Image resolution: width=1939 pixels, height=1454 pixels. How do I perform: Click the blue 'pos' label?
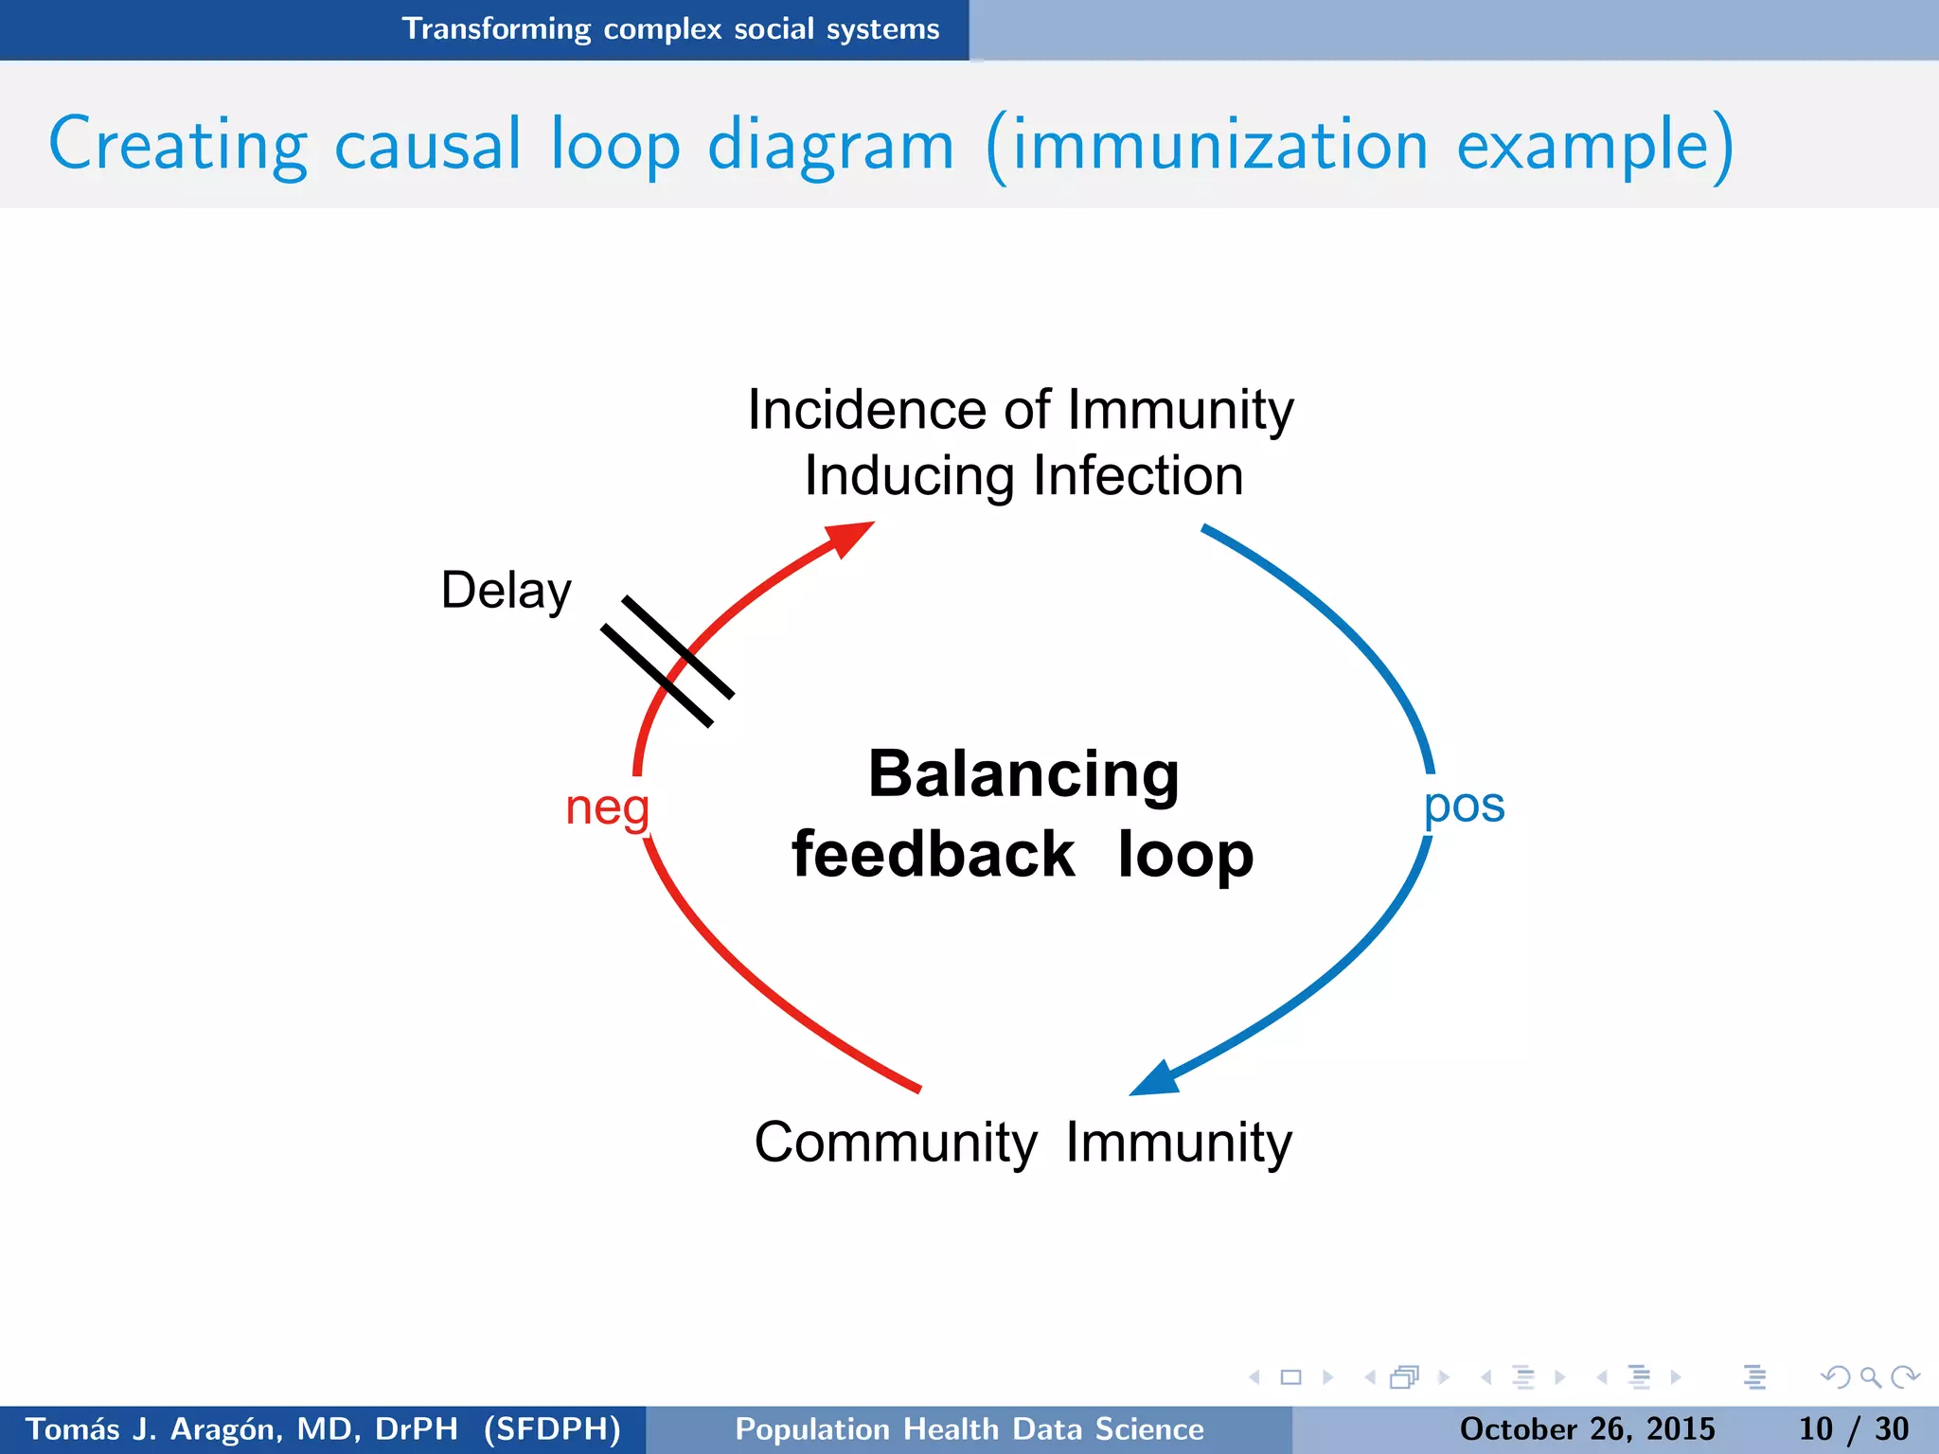[x=1464, y=807]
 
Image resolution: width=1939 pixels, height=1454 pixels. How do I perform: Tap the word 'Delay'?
[x=506, y=591]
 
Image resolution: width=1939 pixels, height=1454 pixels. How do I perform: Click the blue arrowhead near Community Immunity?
[x=1157, y=1078]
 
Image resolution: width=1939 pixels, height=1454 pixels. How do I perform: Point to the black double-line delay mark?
[x=667, y=661]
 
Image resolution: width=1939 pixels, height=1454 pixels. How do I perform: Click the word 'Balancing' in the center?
[x=1023, y=774]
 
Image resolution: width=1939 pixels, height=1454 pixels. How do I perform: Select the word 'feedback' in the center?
[x=933, y=855]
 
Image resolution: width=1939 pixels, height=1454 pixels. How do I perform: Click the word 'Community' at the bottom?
[x=895, y=1143]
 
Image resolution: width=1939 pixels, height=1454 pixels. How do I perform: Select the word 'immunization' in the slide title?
[x=1219, y=146]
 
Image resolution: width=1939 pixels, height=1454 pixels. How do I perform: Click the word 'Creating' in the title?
[x=178, y=146]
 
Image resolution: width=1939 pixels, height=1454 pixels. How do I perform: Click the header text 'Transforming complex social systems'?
[x=670, y=29]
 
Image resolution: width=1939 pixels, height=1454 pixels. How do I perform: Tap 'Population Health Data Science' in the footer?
[x=969, y=1428]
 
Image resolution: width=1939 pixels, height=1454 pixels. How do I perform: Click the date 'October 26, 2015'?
[x=1587, y=1428]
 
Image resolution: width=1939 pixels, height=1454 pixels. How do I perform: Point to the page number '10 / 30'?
[x=1853, y=1428]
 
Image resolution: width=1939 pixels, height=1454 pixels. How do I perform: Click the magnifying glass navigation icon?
[x=1870, y=1377]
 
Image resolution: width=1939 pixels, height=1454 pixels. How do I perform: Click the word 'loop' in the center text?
[x=1185, y=855]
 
